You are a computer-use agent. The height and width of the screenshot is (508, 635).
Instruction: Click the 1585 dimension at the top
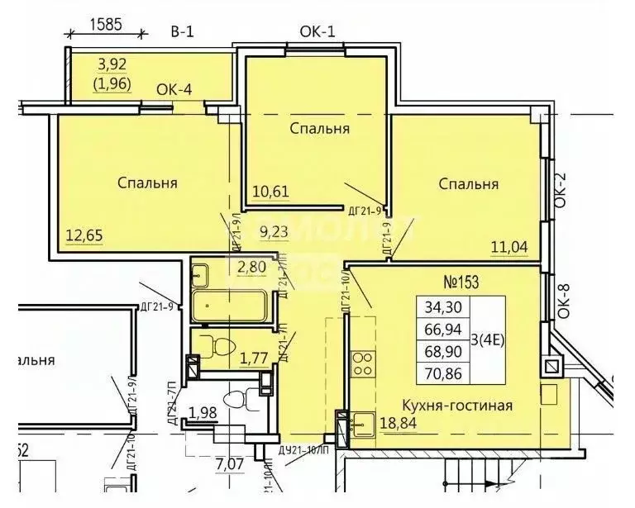pyautogui.click(x=106, y=24)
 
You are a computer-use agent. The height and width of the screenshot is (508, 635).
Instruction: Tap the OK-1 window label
pyautogui.click(x=317, y=32)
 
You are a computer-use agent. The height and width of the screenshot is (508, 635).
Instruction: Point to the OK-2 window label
pyautogui.click(x=561, y=191)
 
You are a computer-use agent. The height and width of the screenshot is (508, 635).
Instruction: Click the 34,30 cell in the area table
pyautogui.click(x=444, y=308)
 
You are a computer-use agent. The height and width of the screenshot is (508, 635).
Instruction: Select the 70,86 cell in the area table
pyautogui.click(x=444, y=373)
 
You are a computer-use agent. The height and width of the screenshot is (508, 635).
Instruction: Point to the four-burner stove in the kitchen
pyautogui.click(x=363, y=363)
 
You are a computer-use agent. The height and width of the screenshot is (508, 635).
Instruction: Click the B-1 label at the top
pyautogui.click(x=182, y=31)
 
